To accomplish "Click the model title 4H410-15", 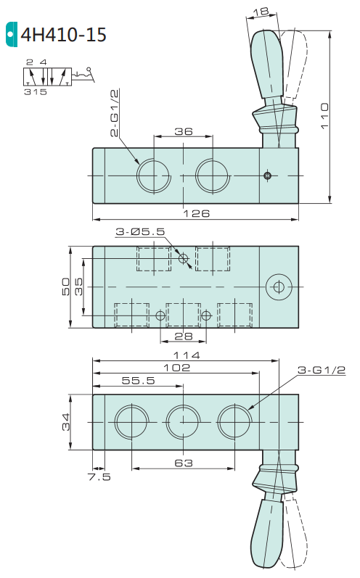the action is (x=63, y=35).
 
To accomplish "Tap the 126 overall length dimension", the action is (x=197, y=213).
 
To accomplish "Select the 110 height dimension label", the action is (x=324, y=116).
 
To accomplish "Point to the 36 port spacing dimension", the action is (x=184, y=131).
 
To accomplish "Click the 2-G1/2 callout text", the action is (x=115, y=113).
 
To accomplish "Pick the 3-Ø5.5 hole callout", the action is (x=140, y=232).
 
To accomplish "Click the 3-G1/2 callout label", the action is (x=322, y=370).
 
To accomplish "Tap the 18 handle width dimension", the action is (x=261, y=12).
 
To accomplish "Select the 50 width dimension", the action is (x=65, y=286).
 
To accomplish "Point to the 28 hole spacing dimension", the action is (x=184, y=337).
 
